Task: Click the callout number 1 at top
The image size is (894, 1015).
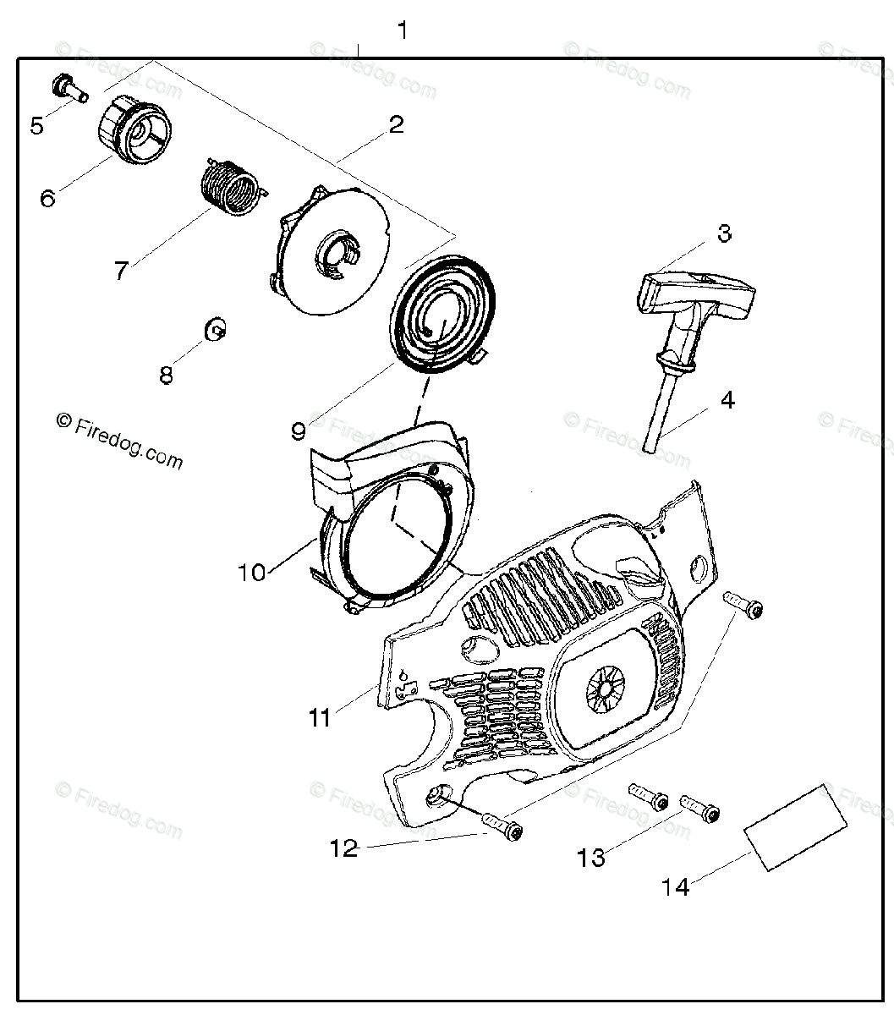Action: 403,31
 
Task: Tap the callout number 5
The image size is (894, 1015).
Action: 36,126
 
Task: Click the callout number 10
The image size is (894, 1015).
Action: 251,573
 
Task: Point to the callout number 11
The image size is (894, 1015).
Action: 320,718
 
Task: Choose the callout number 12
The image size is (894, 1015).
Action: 344,848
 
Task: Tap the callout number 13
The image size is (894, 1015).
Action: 592,858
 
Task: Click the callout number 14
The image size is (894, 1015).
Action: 676,886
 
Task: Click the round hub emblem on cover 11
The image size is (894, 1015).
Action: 608,684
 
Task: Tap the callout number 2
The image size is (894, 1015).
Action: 396,125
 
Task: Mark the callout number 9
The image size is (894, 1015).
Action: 298,431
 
